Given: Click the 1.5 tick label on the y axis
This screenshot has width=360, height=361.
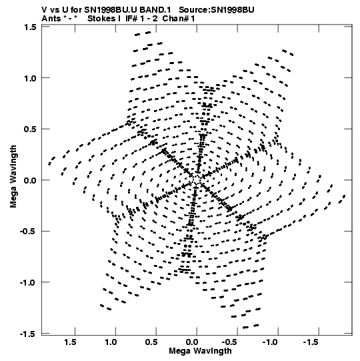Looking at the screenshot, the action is tap(30, 27).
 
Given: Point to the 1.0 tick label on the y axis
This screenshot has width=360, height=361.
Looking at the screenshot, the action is tap(30, 78).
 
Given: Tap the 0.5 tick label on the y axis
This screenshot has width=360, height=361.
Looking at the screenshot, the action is tap(30, 129).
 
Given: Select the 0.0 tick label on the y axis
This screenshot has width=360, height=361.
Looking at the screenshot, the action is tap(30, 180).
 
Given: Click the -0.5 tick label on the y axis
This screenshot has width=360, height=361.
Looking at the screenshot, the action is tap(28, 232).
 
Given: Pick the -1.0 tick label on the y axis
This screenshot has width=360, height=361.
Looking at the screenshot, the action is tap(28, 282).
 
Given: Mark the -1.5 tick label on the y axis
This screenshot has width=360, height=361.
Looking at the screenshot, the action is tap(28, 334).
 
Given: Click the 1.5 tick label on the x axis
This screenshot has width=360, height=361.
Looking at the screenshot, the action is tap(70, 342).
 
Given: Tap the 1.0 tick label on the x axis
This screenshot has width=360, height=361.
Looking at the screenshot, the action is tap(111, 342).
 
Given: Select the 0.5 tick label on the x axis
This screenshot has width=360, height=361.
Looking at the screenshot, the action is tap(151, 342).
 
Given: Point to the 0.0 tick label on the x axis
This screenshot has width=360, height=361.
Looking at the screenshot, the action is tap(192, 342).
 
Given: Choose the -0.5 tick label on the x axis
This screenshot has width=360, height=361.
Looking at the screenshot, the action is tap(231, 342).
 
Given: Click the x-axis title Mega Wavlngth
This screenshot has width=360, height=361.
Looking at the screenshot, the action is tap(200, 351).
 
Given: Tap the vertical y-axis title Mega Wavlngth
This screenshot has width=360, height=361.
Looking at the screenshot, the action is tap(13, 177).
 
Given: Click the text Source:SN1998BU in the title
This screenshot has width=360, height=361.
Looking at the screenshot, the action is tap(217, 10).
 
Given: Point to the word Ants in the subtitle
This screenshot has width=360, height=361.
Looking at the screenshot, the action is tap(51, 19).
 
